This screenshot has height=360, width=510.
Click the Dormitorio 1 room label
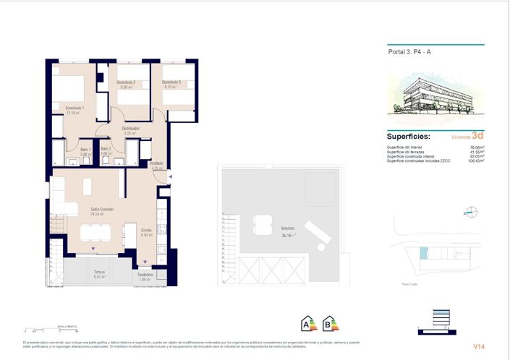[x=75, y=108]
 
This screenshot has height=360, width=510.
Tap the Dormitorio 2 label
[x=127, y=82]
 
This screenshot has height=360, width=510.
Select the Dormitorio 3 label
[x=172, y=82]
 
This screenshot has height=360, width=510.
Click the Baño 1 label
[x=85, y=149]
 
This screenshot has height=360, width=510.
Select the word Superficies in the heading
[x=409, y=136]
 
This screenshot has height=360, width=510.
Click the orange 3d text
[x=477, y=134]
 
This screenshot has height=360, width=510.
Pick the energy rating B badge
[x=330, y=323]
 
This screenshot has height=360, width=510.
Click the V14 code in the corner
[x=478, y=346]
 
